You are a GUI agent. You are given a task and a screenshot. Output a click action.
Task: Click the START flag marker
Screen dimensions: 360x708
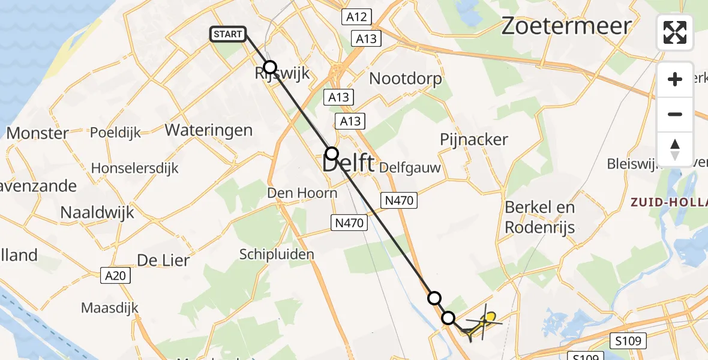(x=228, y=34)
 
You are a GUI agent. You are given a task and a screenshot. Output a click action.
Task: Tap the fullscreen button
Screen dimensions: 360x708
(x=675, y=32)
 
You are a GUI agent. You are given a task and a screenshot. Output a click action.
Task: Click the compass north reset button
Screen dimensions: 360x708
(x=675, y=149)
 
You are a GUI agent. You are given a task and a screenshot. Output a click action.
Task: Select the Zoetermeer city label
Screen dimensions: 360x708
(x=566, y=26)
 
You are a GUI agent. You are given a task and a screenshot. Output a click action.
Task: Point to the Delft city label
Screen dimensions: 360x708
(x=349, y=164)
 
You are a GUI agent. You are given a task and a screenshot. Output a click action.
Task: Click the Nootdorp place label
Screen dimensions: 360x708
(x=406, y=79)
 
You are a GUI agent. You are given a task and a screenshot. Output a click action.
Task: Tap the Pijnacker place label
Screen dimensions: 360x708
(x=474, y=140)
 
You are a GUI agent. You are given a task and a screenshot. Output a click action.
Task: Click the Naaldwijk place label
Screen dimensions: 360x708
(x=97, y=212)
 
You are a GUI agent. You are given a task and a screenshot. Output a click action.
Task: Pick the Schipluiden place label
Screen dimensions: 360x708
(x=277, y=254)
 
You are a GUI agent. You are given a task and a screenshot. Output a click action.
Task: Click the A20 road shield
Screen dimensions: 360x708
(x=115, y=276)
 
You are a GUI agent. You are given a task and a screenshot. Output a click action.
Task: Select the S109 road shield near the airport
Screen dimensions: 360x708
(x=628, y=341)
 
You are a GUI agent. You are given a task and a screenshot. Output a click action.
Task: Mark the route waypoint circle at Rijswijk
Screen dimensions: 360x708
(x=271, y=67)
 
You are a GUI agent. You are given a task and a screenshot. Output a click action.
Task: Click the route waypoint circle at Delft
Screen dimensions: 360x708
(x=332, y=152)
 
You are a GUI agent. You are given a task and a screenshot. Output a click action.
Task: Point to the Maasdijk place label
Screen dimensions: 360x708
(x=110, y=308)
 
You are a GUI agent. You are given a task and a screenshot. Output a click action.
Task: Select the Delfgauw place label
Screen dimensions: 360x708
(x=410, y=168)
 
